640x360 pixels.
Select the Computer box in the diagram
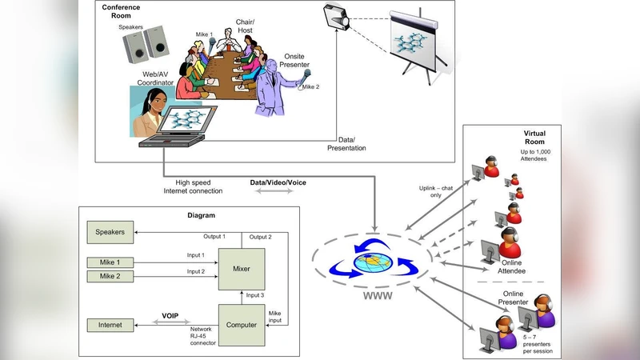coord(242,325)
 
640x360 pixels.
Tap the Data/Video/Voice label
coord(278,182)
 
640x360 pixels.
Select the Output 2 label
coord(260,237)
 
